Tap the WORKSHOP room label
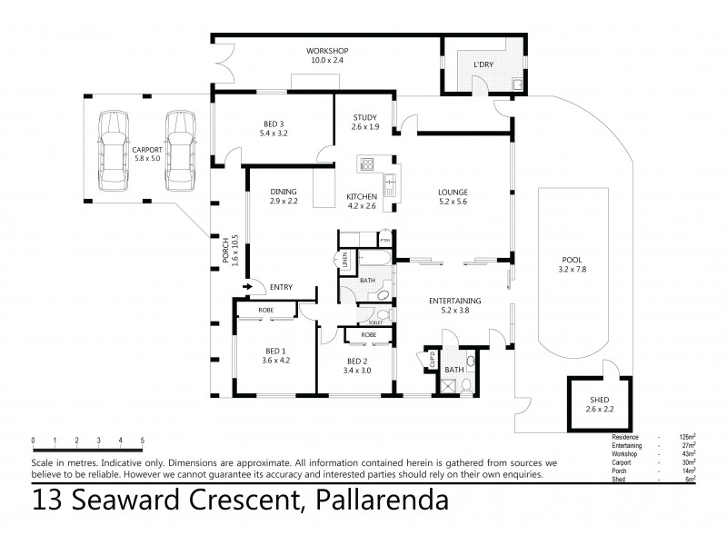click(327, 50)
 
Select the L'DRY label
click(483, 64)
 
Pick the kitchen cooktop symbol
click(371, 164)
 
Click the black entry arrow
click(247, 288)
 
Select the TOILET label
click(374, 322)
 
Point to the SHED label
click(600, 400)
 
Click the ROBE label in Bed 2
click(368, 334)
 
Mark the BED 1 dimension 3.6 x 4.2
click(275, 360)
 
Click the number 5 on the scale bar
click(143, 441)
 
